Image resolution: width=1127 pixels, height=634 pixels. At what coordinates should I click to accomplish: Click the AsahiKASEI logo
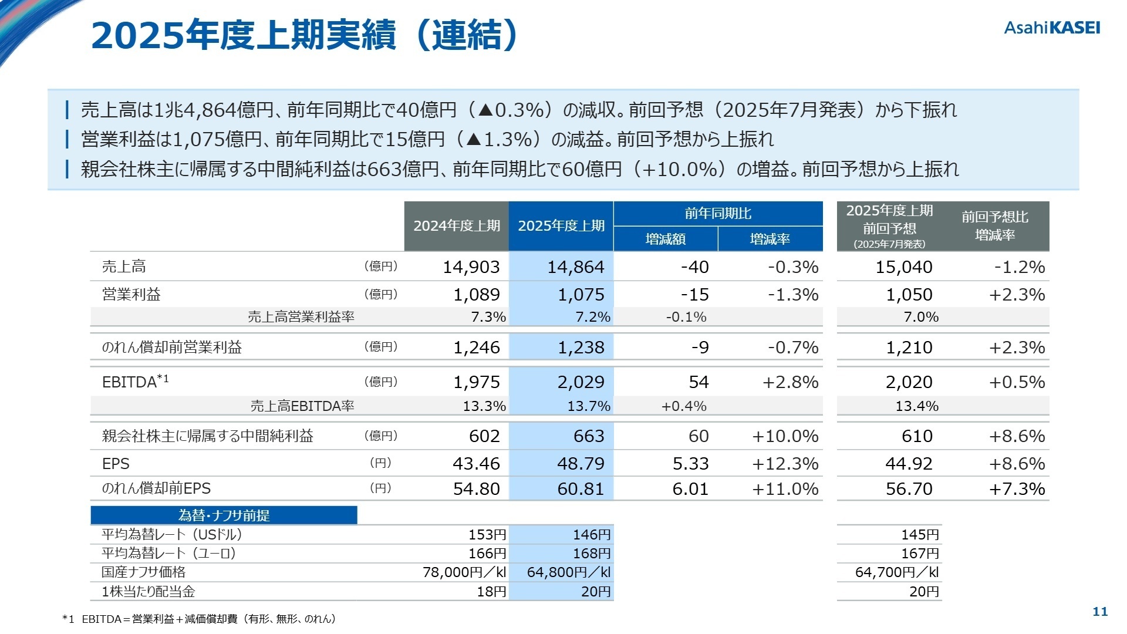click(1052, 28)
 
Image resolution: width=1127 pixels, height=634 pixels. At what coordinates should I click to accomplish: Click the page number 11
click(1099, 612)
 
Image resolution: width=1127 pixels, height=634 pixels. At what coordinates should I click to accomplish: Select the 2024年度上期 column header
click(456, 226)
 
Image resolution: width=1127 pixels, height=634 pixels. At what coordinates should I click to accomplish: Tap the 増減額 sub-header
click(665, 239)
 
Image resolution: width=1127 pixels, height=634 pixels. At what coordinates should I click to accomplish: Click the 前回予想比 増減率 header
click(994, 226)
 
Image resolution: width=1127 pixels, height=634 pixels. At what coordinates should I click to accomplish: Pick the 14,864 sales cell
click(575, 267)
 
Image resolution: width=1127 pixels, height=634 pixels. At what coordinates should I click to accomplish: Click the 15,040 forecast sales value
click(903, 267)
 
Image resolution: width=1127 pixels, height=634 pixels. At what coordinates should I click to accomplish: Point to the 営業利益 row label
click(131, 294)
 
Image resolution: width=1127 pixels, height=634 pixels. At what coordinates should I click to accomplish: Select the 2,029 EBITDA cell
click(581, 382)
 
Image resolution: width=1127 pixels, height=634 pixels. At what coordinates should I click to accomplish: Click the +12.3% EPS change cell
click(785, 464)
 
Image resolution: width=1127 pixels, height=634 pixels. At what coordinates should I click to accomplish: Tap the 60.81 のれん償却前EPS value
click(581, 488)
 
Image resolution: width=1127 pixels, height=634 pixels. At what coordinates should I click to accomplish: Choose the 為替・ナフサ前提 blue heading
click(224, 515)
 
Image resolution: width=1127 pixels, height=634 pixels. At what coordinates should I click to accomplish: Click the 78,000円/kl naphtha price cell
click(464, 572)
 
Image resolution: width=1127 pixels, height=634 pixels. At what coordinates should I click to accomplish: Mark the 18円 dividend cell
click(491, 591)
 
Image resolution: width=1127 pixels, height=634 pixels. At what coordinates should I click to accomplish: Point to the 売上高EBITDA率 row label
click(302, 406)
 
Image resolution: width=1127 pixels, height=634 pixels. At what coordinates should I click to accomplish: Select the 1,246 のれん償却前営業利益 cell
click(476, 348)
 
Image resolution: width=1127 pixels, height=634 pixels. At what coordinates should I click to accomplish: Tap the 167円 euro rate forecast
click(920, 553)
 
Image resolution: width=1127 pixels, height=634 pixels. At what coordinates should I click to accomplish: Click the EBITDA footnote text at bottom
click(200, 619)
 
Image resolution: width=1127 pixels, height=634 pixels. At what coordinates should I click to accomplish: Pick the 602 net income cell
click(484, 436)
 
